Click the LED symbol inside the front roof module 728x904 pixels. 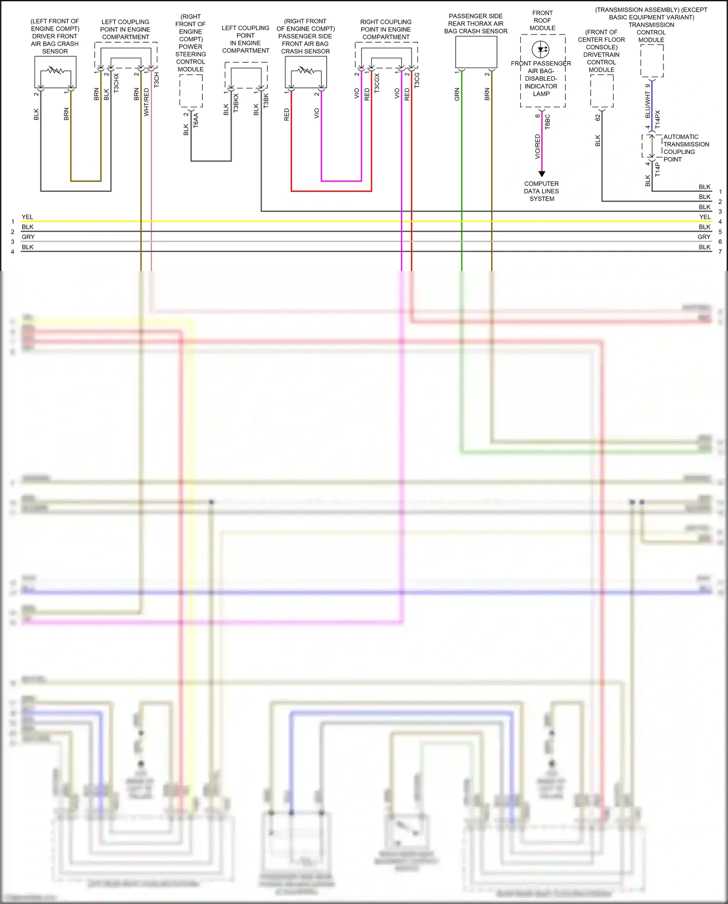pos(541,49)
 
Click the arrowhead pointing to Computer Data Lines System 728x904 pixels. pos(542,174)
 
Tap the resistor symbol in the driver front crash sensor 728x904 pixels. pos(55,71)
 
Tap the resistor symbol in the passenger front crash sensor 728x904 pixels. pos(306,71)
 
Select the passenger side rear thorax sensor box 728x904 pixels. pos(476,52)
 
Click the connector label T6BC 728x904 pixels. pos(547,121)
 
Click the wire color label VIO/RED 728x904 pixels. pos(537,147)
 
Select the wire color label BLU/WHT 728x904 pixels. pos(647,105)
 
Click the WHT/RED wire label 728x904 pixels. pos(146,102)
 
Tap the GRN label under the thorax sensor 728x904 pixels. pos(457,94)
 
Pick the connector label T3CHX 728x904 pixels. pos(116,83)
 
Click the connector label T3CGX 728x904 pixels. pos(377,83)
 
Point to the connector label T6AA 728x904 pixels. pos(196,120)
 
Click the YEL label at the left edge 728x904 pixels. pos(27,217)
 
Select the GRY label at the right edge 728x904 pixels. pos(704,237)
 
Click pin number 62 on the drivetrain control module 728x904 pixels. pos(597,117)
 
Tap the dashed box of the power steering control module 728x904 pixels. pos(191,91)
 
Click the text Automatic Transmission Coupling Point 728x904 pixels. pos(686,148)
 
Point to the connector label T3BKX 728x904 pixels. pos(236,103)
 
